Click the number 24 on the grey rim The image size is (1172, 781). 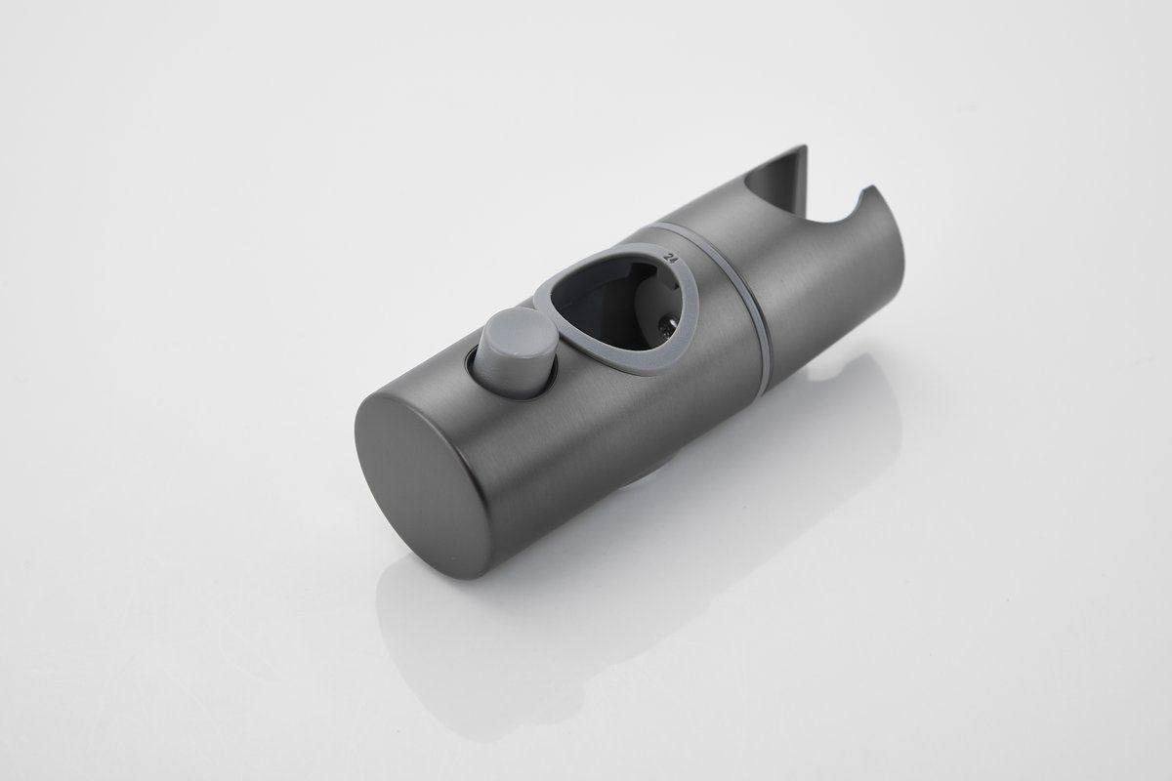point(669,258)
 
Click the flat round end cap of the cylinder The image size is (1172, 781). point(421,485)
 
